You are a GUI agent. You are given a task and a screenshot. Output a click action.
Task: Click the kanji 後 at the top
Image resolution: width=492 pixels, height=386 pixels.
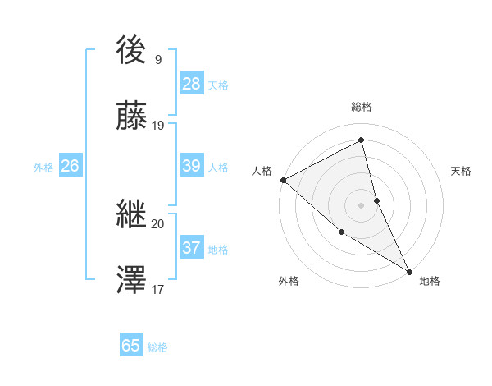pos(132,52)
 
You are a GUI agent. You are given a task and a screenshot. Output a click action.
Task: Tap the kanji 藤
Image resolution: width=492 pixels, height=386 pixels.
pos(132,117)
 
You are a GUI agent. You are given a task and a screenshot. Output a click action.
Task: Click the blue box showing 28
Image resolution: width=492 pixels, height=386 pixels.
pos(192,84)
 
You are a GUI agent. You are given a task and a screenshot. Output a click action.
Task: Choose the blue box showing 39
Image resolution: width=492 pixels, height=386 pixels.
pos(192,166)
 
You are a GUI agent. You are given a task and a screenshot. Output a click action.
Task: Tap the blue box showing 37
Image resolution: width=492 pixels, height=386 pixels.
pos(192,248)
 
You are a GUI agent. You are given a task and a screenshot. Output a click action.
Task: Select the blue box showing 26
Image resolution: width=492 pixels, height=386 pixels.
pos(70,166)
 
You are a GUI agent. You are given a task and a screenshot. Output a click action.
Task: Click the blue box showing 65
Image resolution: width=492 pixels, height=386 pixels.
pos(131,346)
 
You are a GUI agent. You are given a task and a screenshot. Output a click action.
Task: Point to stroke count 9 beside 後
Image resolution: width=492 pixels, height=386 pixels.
pos(158,59)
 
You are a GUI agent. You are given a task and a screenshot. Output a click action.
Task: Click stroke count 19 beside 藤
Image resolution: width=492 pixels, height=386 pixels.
pos(158,125)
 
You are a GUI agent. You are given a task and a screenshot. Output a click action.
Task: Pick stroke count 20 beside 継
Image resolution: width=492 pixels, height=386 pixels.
pos(158,223)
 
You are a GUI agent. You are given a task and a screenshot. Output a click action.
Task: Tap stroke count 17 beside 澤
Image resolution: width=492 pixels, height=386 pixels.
pos(158,289)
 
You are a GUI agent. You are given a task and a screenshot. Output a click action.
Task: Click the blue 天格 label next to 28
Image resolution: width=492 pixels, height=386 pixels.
pos(218,85)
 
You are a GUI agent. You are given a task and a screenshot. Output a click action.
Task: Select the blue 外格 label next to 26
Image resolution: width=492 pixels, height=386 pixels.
pos(43,168)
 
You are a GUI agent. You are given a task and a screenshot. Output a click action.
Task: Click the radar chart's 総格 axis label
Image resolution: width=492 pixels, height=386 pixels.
pos(362,107)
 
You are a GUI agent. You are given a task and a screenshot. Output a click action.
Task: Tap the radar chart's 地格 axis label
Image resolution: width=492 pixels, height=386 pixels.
pos(430,281)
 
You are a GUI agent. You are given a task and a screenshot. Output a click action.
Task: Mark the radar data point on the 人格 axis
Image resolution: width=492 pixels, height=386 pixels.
pos(283,180)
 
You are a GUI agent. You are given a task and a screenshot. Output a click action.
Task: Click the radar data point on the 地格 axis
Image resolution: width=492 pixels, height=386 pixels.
pos(409,271)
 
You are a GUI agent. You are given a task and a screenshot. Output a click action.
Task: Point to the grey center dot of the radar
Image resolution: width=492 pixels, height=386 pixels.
pos(362,204)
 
